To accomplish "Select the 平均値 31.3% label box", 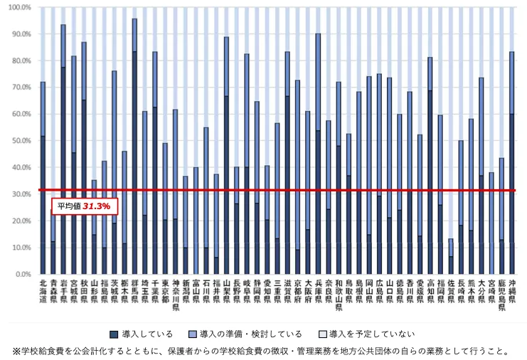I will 84,206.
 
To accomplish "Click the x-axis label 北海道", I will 43,291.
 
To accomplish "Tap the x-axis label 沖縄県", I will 511,291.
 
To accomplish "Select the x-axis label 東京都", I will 165,291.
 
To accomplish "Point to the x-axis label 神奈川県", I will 175,295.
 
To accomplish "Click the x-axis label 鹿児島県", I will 501,295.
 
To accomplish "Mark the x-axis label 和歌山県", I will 339,295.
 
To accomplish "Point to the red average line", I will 284,191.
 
